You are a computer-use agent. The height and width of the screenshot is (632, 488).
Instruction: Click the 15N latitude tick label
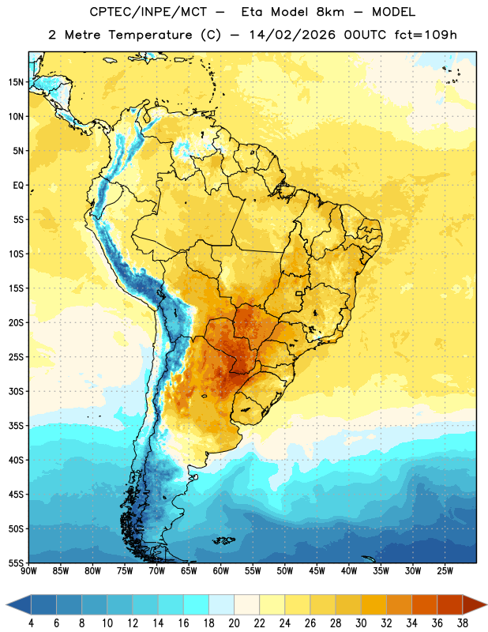tap(15, 82)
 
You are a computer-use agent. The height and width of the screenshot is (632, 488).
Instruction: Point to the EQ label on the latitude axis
tap(18, 186)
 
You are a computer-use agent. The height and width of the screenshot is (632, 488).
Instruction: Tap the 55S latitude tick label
tap(15, 562)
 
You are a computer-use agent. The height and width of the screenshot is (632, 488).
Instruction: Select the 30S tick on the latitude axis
tap(15, 391)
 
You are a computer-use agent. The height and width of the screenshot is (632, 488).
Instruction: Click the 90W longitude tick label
tap(28, 570)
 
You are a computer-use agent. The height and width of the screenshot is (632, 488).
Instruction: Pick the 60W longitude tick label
tap(221, 570)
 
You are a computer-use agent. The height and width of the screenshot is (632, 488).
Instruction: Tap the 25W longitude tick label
tap(445, 570)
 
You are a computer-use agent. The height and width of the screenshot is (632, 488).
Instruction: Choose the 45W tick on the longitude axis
tap(317, 570)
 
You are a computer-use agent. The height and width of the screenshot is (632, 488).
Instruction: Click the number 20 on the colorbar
tap(234, 623)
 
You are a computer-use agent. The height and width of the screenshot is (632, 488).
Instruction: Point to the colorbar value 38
tap(463, 623)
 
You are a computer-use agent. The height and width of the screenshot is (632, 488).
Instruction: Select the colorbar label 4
tap(31, 623)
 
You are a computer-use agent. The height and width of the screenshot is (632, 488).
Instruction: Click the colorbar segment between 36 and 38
tap(450, 605)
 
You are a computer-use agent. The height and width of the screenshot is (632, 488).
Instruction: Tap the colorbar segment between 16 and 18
tap(196, 605)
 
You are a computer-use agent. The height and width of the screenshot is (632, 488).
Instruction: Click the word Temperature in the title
tap(150, 35)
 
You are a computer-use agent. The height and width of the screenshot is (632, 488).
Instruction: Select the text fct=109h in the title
tap(426, 35)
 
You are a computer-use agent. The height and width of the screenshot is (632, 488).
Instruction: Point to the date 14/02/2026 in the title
tap(292, 35)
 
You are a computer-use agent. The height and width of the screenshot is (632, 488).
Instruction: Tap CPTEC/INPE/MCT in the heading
tap(148, 12)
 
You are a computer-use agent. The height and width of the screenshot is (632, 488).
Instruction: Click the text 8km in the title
tap(330, 12)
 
